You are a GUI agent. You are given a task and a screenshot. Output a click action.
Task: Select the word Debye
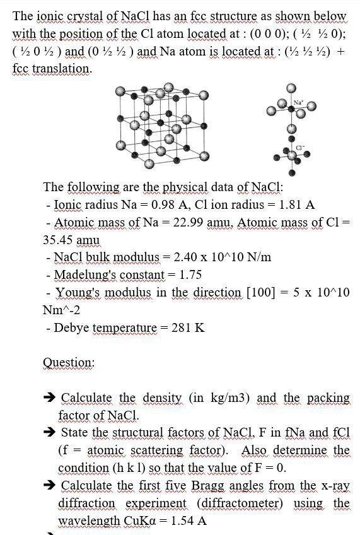(73, 327)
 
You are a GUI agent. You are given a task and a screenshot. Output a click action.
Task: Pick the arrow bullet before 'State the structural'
(49, 433)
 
